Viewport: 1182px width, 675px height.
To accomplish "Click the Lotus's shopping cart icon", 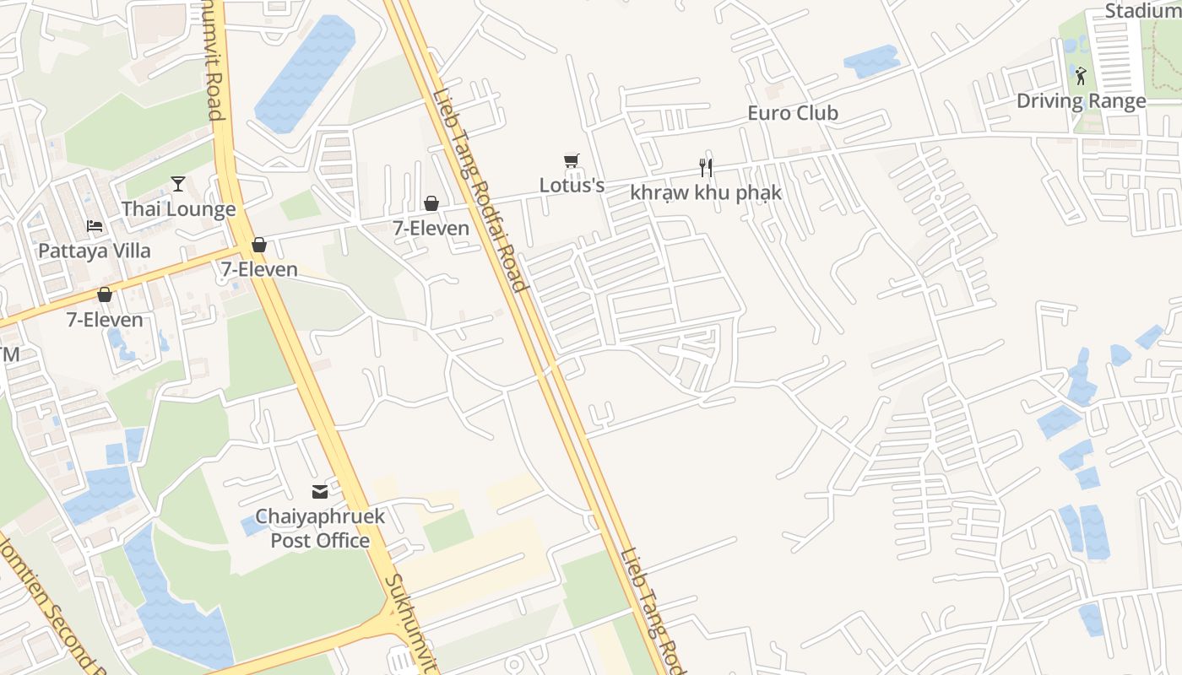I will tap(572, 160).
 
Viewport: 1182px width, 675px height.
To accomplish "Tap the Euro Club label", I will tap(793, 113).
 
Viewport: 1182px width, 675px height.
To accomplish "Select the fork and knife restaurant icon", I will tap(706, 168).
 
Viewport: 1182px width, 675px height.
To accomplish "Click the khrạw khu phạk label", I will tap(706, 192).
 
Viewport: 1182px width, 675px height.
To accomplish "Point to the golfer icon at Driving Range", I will tap(1081, 76).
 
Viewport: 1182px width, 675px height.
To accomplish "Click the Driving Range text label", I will tap(1081, 101).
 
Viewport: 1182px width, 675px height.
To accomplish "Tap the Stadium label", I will tap(1141, 11).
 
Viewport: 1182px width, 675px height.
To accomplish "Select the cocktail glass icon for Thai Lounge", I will tap(178, 184).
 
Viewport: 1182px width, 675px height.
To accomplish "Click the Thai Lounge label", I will tap(178, 209).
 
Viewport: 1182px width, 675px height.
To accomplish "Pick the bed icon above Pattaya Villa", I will tap(95, 226).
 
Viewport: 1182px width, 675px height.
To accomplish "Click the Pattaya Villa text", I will tap(95, 251).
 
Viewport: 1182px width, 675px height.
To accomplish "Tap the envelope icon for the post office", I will tap(320, 492).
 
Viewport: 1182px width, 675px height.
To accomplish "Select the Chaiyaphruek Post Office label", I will tap(320, 528).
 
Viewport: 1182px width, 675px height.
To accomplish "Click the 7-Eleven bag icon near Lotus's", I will tap(431, 203).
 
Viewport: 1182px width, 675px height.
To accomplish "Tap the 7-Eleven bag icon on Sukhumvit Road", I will tap(259, 245).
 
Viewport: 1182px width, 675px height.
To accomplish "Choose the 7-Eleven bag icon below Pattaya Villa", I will tap(105, 294).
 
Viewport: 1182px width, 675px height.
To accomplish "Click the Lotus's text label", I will tap(572, 185).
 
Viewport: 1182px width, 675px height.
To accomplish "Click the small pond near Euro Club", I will tap(871, 61).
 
